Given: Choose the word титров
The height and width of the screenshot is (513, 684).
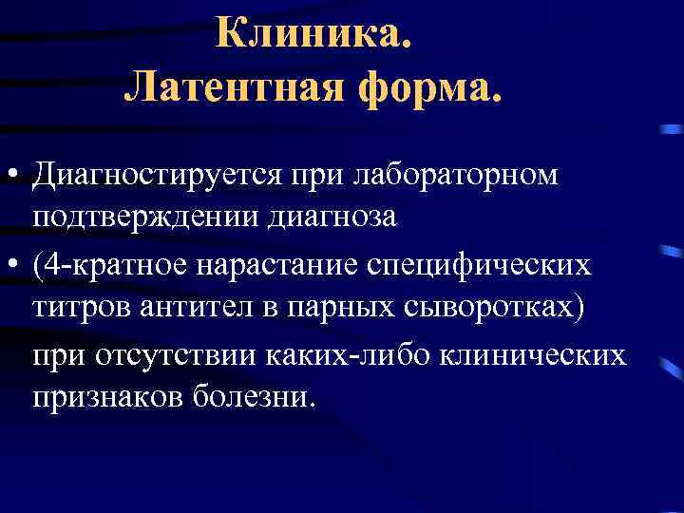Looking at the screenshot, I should pyautogui.click(x=81, y=309).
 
